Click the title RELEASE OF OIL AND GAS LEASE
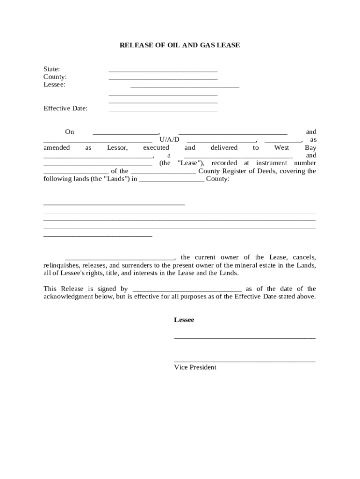pos(180,45)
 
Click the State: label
pos(51,69)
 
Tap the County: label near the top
pos(55,77)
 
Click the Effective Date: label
pos(65,108)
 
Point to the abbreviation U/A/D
pos(169,140)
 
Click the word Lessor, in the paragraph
pos(117,147)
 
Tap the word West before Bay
pos(281,147)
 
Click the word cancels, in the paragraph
pos(304,257)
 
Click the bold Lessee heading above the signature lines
pos(184,320)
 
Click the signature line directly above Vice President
pos(245,361)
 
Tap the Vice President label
pos(195,367)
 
